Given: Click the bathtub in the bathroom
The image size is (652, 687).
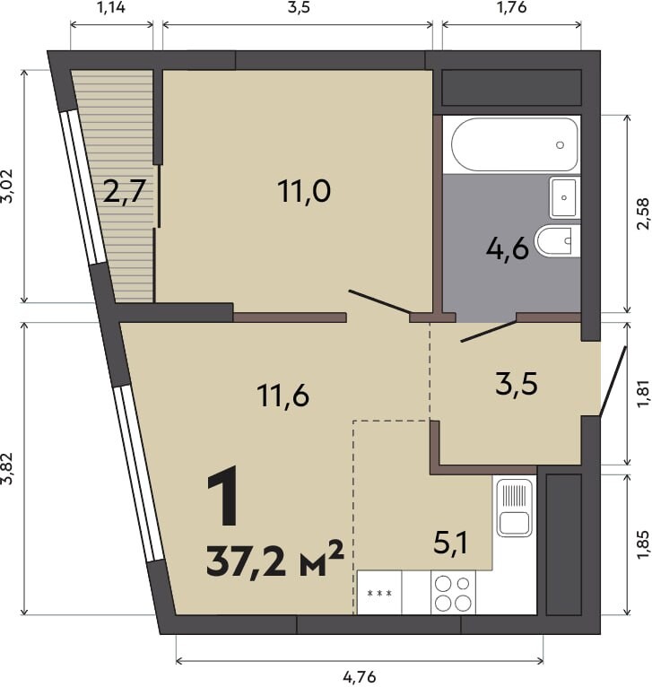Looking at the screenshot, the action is [x=514, y=144].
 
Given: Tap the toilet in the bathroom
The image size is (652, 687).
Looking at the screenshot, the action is [x=557, y=241].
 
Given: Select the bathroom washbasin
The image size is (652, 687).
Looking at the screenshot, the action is [x=563, y=197].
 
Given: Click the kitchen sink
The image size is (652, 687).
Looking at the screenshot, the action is [x=515, y=507].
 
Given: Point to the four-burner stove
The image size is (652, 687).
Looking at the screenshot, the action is [x=453, y=592].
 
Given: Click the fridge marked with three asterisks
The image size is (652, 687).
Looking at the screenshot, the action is [x=379, y=592].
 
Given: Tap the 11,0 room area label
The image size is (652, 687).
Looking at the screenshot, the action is [x=304, y=191].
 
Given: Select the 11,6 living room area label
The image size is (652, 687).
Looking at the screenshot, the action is [x=283, y=395].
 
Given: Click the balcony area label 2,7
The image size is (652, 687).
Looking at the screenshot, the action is [x=124, y=191].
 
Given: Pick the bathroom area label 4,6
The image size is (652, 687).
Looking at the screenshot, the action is [x=508, y=249].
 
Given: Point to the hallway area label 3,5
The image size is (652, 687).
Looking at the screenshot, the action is [x=517, y=384].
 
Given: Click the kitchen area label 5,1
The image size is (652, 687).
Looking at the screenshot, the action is [x=450, y=543].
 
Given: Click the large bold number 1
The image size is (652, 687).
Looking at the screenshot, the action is [x=222, y=496].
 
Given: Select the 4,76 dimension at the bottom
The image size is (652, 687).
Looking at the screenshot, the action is [x=360, y=677].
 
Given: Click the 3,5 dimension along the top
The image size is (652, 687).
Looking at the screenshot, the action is [x=299, y=8].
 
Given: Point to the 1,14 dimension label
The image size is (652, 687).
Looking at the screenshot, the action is [x=110, y=7].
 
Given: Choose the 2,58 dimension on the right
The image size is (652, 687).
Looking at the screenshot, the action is [x=643, y=213].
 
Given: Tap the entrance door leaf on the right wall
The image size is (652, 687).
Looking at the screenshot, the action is [x=613, y=381].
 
